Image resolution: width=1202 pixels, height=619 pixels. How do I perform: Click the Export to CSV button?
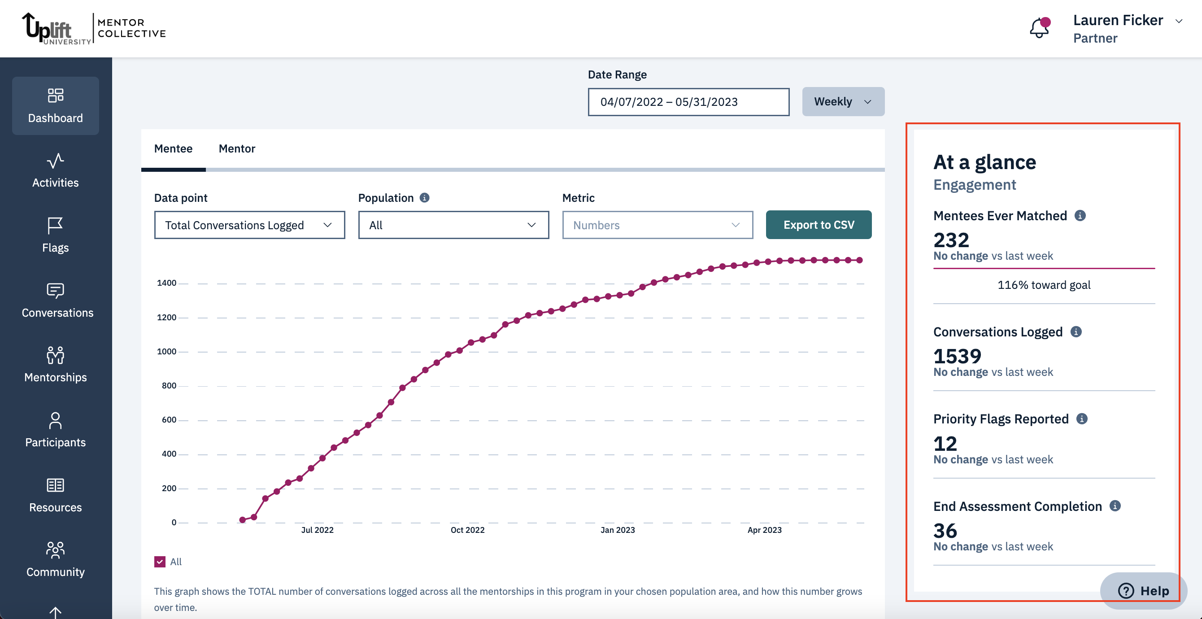click(819, 225)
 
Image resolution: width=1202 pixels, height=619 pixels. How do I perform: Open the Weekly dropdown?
click(843, 102)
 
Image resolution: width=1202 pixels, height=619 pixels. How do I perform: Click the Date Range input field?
click(688, 102)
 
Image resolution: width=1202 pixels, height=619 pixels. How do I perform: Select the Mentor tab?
click(236, 148)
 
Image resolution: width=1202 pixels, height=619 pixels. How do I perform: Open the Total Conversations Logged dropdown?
click(249, 225)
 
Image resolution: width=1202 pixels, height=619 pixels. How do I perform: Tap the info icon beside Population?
click(424, 198)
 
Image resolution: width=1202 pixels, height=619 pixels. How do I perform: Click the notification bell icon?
click(1039, 28)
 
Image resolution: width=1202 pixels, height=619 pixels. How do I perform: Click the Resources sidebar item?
click(55, 495)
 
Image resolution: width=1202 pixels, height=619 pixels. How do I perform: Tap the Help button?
click(1143, 591)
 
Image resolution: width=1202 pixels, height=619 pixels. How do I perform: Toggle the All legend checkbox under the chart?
click(160, 562)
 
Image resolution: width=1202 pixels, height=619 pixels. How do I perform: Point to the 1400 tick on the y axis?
click(166, 283)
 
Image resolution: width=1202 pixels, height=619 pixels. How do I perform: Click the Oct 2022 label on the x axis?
click(467, 530)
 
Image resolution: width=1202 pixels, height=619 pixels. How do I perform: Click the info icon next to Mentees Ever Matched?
click(1080, 216)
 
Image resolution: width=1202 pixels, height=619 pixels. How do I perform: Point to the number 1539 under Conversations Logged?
click(957, 356)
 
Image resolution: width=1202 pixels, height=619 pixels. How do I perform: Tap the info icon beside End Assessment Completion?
click(1115, 506)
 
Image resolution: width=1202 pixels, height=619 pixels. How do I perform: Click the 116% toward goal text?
click(1044, 285)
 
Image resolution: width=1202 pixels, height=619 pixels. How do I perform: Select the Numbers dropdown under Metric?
click(657, 225)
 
